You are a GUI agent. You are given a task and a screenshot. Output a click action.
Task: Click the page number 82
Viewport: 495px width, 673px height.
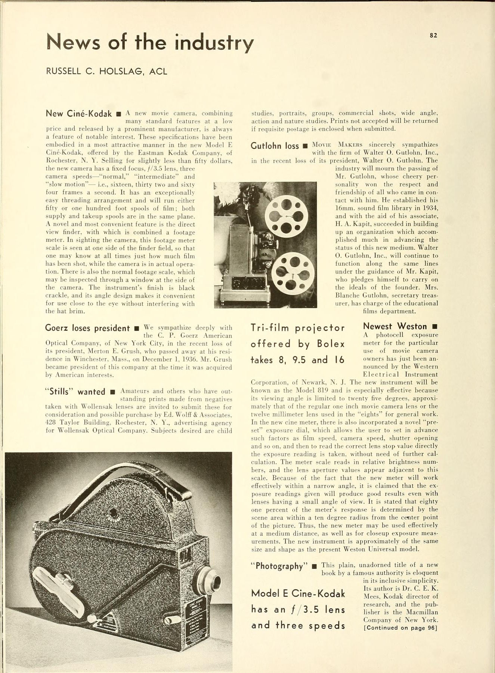(x=433, y=35)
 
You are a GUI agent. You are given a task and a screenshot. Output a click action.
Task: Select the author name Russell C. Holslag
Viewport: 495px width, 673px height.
(x=106, y=71)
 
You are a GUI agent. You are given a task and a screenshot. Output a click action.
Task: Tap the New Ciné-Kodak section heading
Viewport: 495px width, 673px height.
(x=79, y=114)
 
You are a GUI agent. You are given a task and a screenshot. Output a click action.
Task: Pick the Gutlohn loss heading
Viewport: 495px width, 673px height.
(x=275, y=145)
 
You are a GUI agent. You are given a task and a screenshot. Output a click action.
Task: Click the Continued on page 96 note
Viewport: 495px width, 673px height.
(x=400, y=628)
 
